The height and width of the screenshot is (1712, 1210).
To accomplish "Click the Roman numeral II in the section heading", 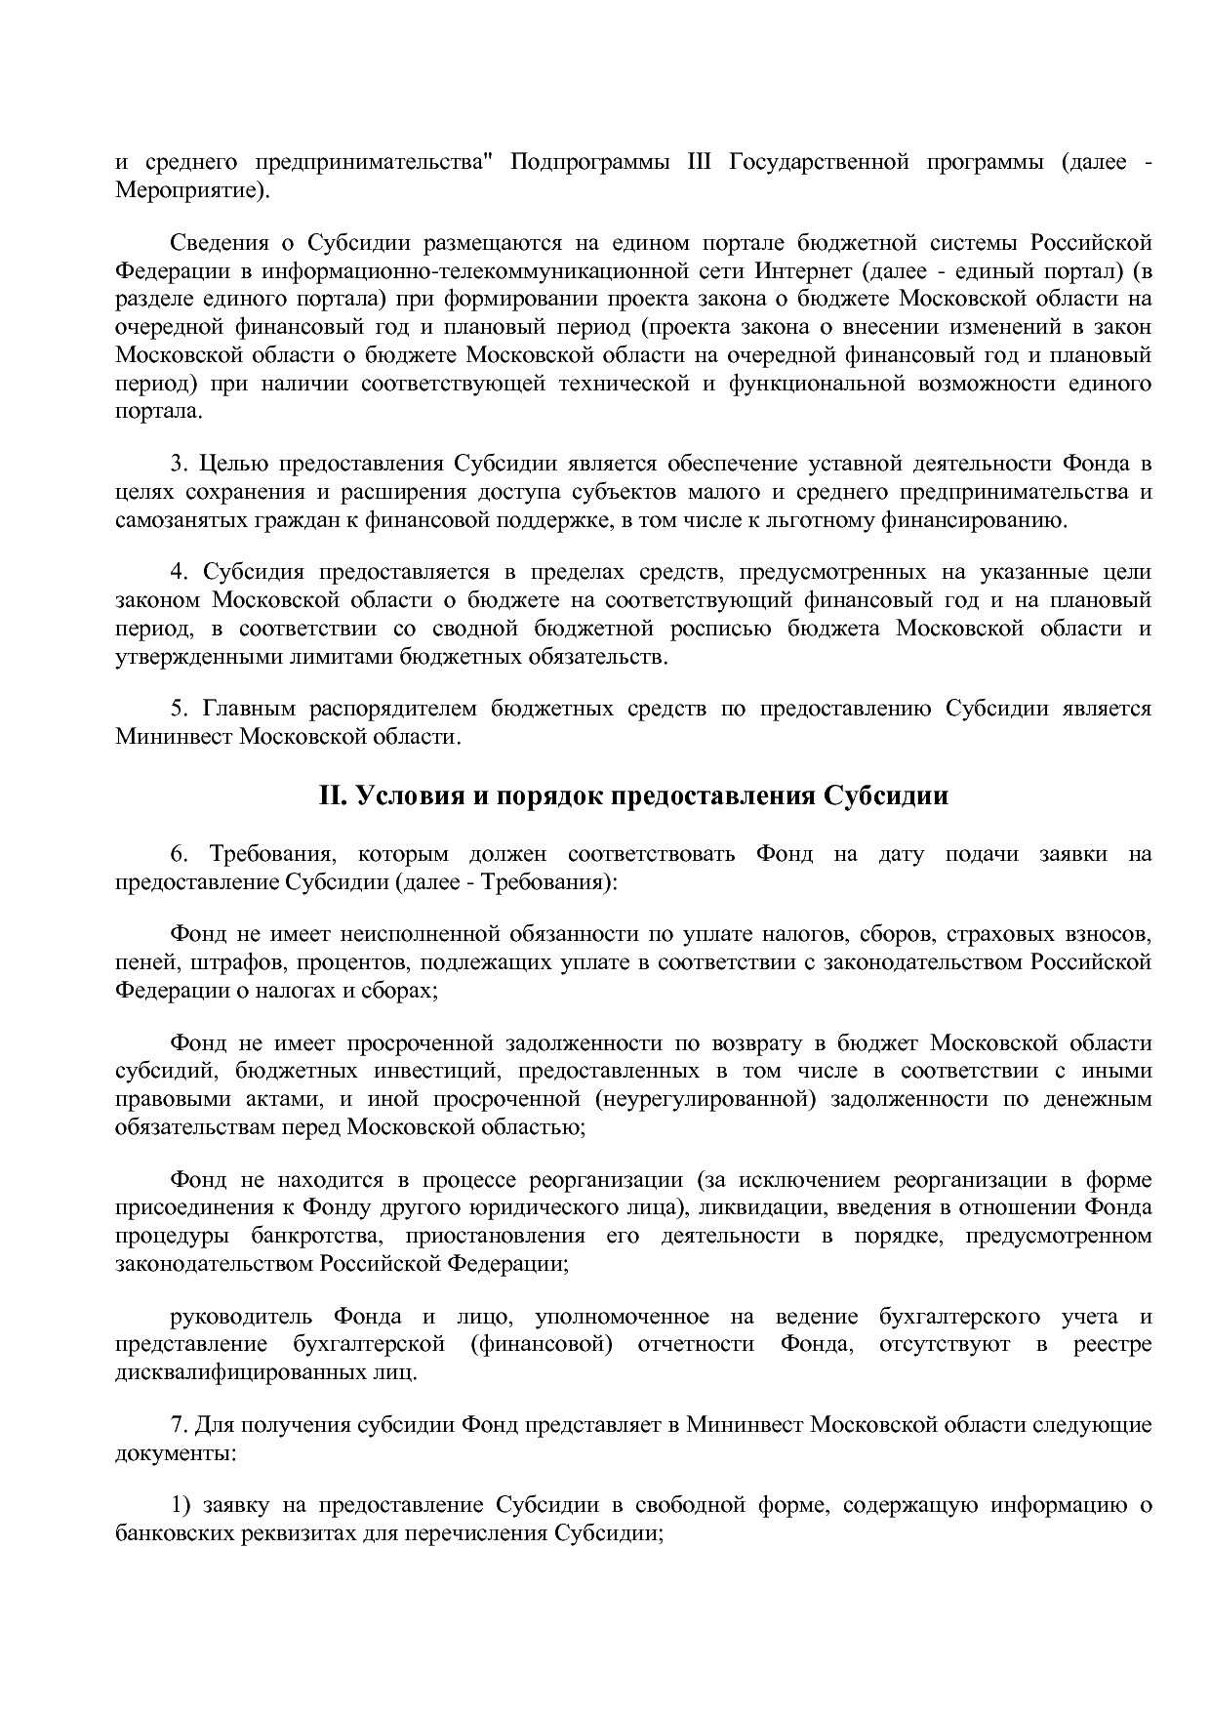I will (332, 795).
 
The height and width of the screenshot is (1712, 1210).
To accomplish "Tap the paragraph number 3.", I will (177, 463).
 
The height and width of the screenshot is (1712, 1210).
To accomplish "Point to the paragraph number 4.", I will (177, 571).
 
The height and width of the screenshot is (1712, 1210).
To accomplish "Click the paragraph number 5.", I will (177, 708).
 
